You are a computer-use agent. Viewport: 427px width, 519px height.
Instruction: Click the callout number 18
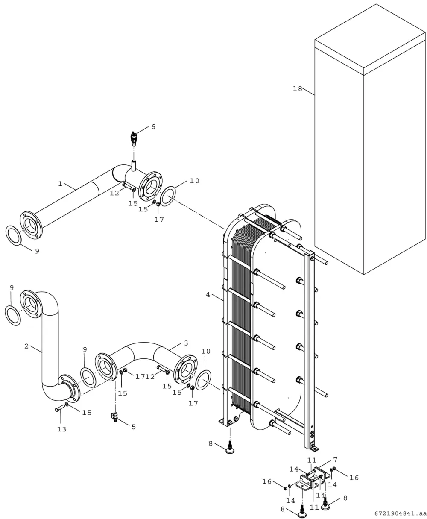pyautogui.click(x=297, y=88)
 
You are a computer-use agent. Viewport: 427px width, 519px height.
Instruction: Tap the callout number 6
pyautogui.click(x=153, y=126)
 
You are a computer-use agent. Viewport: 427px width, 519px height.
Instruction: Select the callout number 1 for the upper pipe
pyautogui.click(x=60, y=184)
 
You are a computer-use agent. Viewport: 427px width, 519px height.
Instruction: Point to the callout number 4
pyautogui.click(x=208, y=295)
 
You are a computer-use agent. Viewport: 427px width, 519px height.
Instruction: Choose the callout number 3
pyautogui.click(x=186, y=343)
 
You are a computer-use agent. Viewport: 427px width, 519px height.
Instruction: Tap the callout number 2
pyautogui.click(x=26, y=346)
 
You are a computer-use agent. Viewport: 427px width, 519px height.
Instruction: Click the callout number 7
pyautogui.click(x=335, y=460)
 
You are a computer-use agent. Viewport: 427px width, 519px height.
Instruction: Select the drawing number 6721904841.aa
pyautogui.click(x=400, y=513)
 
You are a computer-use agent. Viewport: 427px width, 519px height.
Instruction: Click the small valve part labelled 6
pyautogui.click(x=134, y=138)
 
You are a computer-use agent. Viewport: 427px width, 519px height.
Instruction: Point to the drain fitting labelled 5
pyautogui.click(x=115, y=417)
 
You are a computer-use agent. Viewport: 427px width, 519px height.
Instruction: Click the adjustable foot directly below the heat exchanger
pyautogui.click(x=229, y=450)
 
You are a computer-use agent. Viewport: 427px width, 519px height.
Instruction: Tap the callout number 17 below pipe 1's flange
pyautogui.click(x=159, y=220)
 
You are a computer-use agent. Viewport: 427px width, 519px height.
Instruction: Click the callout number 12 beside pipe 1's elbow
pyautogui.click(x=114, y=194)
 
